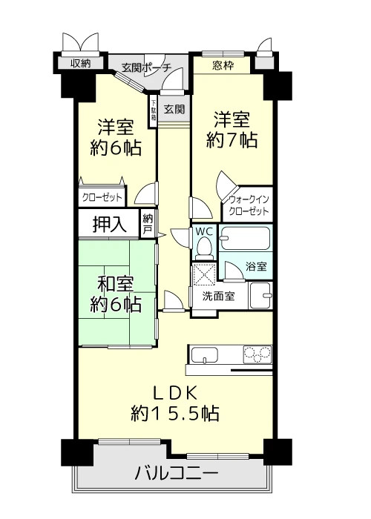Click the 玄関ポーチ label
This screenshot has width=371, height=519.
[x=146, y=68]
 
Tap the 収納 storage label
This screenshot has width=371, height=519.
[x=81, y=63]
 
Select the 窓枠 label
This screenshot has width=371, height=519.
[x=223, y=65]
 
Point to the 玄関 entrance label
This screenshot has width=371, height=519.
[x=174, y=108]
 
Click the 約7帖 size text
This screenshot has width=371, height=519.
[x=232, y=140]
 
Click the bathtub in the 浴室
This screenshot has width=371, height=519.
[x=246, y=238]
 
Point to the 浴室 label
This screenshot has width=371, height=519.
[x=256, y=266]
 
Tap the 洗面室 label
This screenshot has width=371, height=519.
[x=218, y=296]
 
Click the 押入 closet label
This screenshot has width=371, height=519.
[x=109, y=224]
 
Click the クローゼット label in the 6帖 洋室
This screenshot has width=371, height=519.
[x=102, y=198]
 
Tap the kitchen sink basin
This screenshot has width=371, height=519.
[x=205, y=355]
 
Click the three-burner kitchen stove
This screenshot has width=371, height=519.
[x=257, y=354]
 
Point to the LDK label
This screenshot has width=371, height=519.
[x=175, y=394]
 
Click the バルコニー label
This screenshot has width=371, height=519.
[x=177, y=472]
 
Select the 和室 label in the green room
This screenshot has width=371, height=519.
[x=116, y=284]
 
